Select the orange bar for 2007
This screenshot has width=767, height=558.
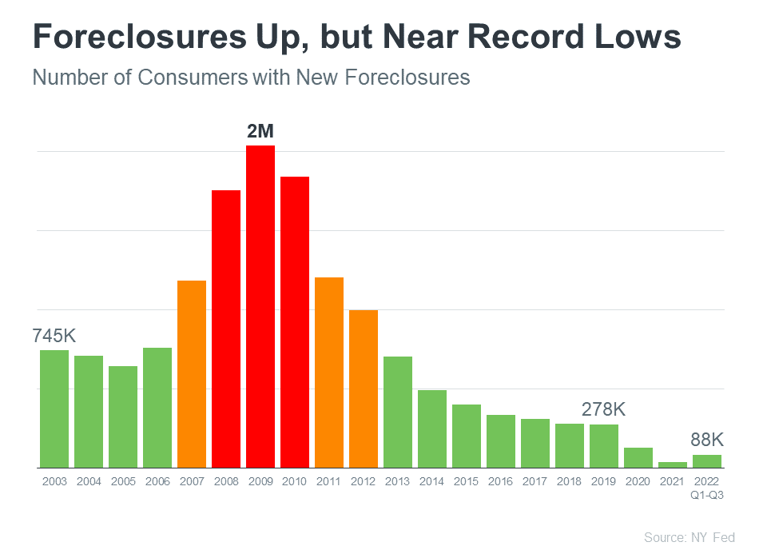click(192, 374)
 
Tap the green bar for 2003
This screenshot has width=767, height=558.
click(54, 409)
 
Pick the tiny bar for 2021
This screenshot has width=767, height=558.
click(673, 464)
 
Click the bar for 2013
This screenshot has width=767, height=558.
click(397, 412)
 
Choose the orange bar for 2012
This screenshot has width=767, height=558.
click(364, 389)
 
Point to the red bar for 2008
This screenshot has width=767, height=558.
click(226, 329)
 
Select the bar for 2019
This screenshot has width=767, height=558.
click(604, 445)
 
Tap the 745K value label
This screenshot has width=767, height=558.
click(54, 336)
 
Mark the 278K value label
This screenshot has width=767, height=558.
click(603, 409)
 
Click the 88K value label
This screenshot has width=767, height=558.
click(707, 440)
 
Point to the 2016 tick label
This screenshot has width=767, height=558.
click(501, 482)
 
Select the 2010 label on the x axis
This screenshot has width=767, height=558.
click(295, 482)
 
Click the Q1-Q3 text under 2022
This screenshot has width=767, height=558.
click(707, 494)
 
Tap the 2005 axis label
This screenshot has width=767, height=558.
click(123, 482)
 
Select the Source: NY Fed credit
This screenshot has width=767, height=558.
click(689, 537)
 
